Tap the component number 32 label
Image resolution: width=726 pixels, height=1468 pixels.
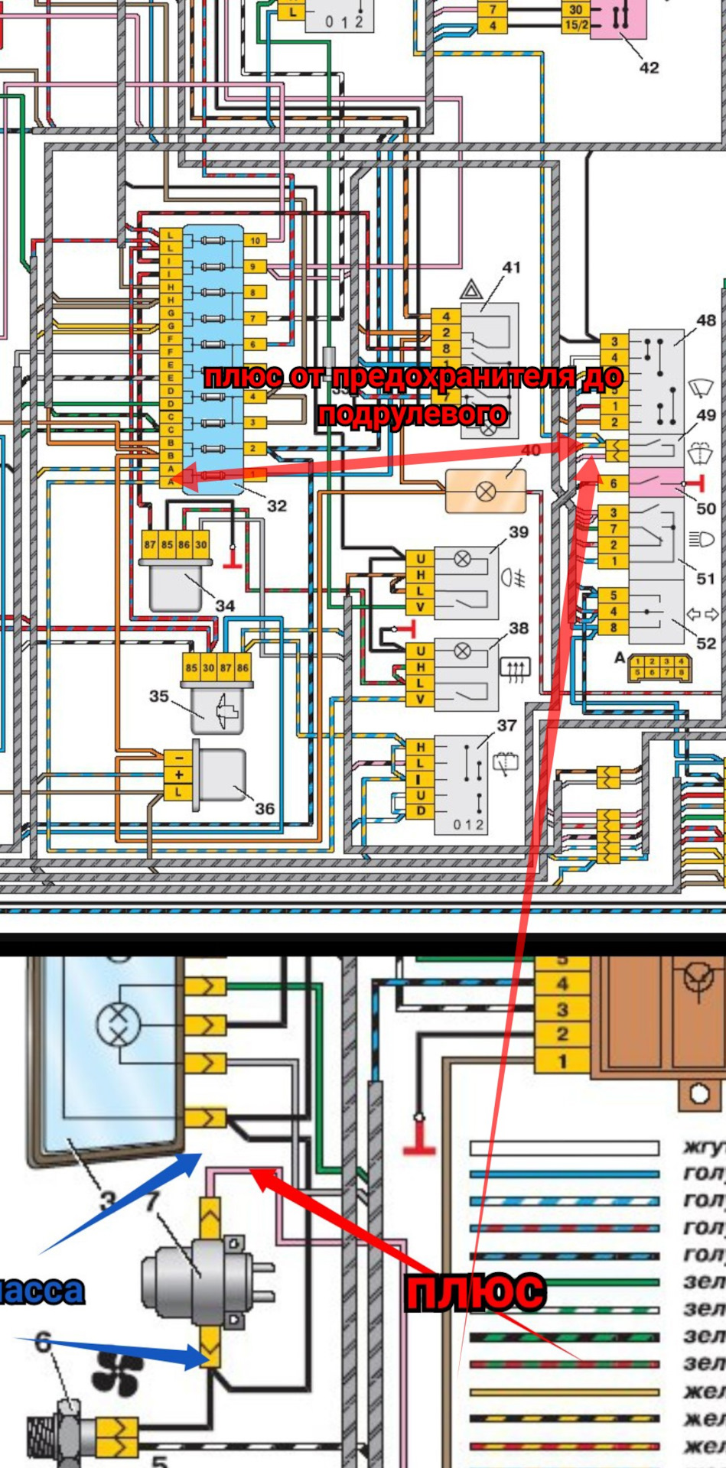(x=277, y=505)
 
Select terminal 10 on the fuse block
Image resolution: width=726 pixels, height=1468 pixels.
(x=255, y=240)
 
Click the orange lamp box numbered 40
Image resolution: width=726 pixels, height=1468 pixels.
(x=486, y=491)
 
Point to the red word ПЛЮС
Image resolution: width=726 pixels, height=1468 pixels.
(x=475, y=1292)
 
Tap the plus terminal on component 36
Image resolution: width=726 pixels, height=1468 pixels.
(x=178, y=775)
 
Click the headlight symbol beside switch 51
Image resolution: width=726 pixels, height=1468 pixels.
(x=701, y=540)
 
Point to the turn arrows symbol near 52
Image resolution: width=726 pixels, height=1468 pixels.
(x=701, y=614)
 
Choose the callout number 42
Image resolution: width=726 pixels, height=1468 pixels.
(x=649, y=67)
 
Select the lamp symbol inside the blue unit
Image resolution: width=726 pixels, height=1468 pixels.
(x=119, y=1024)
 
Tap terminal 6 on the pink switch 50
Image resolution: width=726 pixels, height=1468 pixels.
(x=613, y=483)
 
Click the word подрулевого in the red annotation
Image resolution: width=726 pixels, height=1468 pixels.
(x=412, y=414)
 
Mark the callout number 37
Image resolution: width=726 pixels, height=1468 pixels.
(x=506, y=725)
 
